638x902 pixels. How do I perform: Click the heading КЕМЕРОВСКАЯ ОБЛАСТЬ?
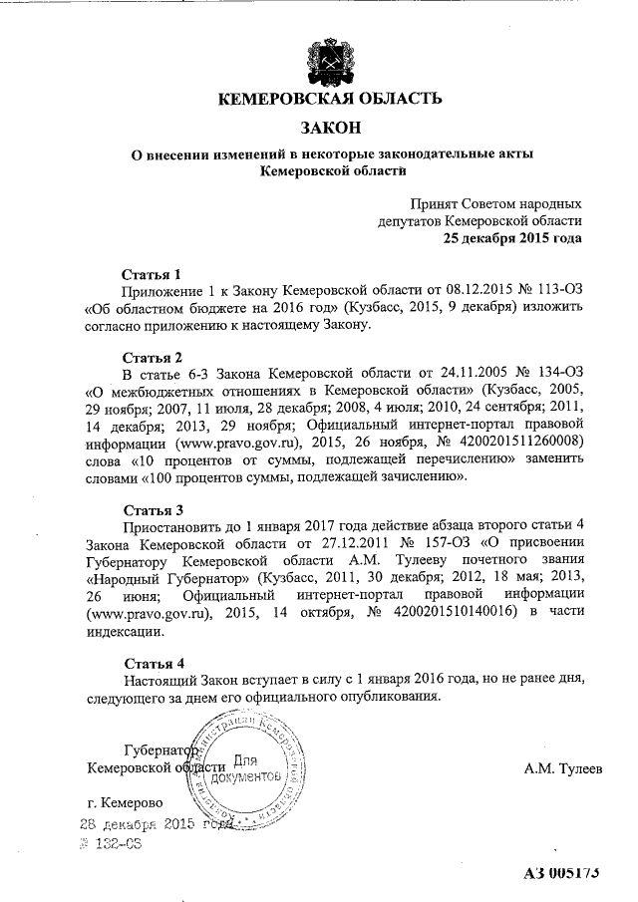click(x=328, y=99)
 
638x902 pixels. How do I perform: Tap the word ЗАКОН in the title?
click(x=328, y=128)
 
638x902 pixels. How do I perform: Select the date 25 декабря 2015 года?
click(x=512, y=238)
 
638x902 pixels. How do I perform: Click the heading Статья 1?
click(x=152, y=272)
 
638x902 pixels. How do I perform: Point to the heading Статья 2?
click(x=152, y=357)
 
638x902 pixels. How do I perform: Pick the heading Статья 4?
click(x=152, y=663)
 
